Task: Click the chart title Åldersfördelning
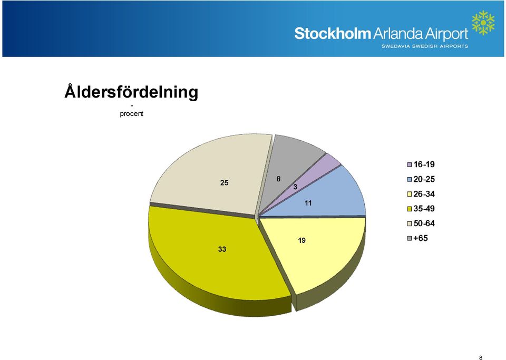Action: tap(131, 92)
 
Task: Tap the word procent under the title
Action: tap(131, 113)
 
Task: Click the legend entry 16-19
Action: tap(421, 164)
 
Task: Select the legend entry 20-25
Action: tap(421, 179)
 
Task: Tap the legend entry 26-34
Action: tap(421, 194)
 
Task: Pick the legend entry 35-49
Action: tap(421, 209)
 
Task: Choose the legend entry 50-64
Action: tap(421, 223)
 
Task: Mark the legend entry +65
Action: tap(417, 238)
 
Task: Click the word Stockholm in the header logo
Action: tap(333, 34)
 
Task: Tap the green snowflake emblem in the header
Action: tap(483, 23)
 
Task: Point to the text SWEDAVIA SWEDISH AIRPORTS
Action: tap(425, 46)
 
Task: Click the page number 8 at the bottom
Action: tap(481, 357)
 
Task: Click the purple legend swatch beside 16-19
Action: tap(410, 164)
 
